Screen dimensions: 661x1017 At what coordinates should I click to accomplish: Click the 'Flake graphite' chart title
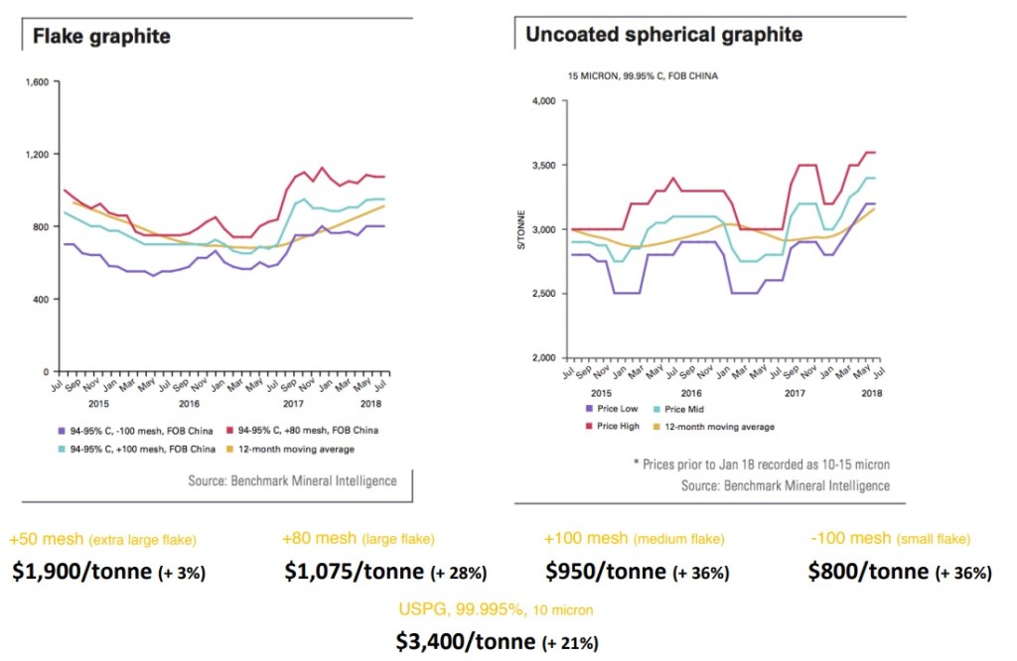click(101, 37)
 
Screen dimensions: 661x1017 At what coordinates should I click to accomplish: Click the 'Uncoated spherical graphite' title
click(663, 35)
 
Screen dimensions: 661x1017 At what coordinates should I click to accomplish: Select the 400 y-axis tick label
click(39, 299)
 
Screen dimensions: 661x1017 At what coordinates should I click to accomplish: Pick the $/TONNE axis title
click(521, 229)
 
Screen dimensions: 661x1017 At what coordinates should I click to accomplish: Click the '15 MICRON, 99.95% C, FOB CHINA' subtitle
click(642, 75)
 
